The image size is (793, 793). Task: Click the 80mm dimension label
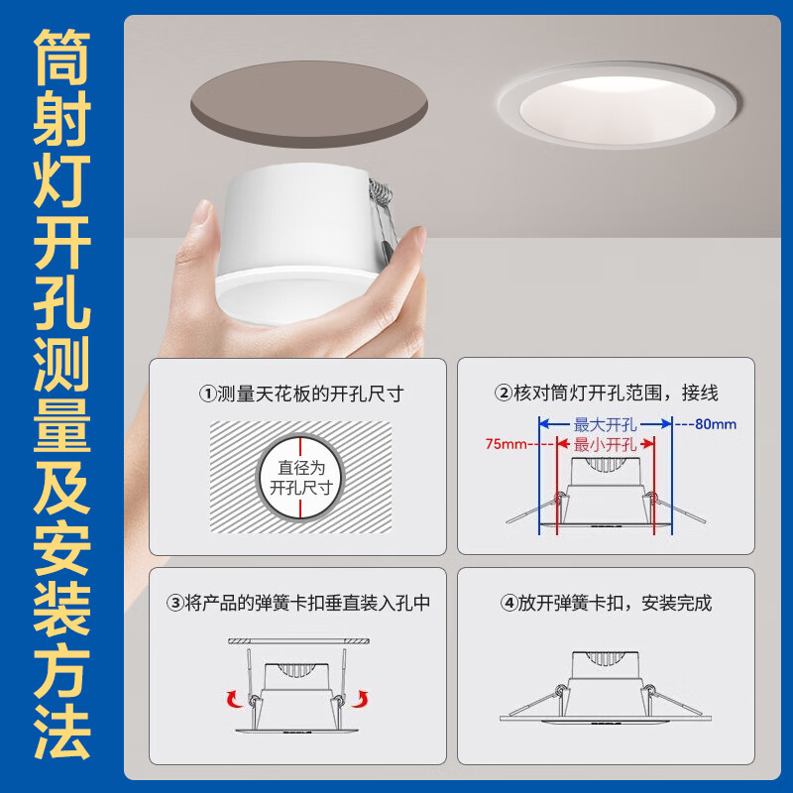(716, 424)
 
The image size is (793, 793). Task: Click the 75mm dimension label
(508, 443)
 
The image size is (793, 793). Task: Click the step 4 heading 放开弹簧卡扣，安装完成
(606, 603)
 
